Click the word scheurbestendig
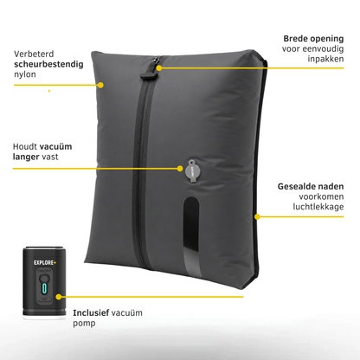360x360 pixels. pos(48,64)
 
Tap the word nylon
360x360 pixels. pos(25,74)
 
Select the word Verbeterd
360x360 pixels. pos(34,54)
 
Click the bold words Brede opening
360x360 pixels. pos(313,39)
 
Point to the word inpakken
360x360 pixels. pos(325,59)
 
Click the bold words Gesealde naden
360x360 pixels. pos(311,186)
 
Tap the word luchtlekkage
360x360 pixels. pos(318,207)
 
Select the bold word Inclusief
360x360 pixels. pos(91,312)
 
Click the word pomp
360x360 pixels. pos(84,324)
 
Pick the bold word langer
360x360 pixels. pos(26,157)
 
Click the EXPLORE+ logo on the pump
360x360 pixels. pos(45,262)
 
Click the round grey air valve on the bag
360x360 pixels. pos(193,171)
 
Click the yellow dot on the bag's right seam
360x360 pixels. pos(257,216)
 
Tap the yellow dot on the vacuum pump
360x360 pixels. pos(59,297)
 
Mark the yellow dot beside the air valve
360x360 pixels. pos(180,169)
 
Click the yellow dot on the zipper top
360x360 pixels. pos(159,68)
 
